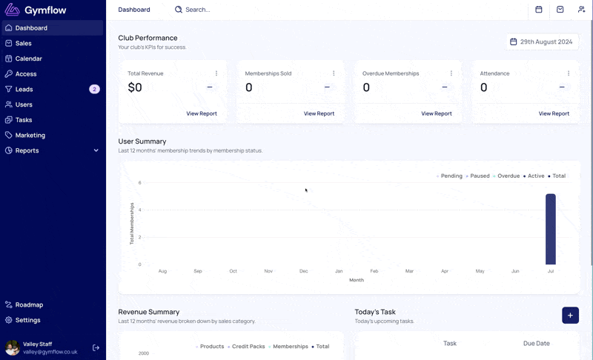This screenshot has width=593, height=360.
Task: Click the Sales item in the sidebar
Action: [x=24, y=44]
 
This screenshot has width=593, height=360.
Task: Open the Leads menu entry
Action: [x=24, y=89]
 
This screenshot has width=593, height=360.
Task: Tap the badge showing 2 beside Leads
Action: [x=94, y=89]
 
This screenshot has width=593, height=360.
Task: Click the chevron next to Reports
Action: [x=96, y=150]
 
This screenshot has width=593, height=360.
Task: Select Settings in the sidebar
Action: [x=27, y=320]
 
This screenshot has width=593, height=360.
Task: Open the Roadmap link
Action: [x=29, y=305]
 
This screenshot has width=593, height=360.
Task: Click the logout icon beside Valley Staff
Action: [x=96, y=347]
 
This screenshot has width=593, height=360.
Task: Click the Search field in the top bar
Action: [x=197, y=10]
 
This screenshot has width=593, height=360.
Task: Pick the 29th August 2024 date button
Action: [x=542, y=42]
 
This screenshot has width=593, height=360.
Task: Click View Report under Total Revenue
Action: [x=202, y=113]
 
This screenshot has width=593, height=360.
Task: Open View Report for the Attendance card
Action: [x=554, y=113]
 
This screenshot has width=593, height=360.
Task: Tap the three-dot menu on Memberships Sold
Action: [x=334, y=73]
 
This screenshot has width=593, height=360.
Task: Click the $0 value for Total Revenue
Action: [x=135, y=87]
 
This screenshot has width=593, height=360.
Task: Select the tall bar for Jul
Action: [x=551, y=229]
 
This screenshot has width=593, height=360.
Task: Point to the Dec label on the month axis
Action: [x=304, y=271]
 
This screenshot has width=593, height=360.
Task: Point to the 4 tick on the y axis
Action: [x=139, y=210]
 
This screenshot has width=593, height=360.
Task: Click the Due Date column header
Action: [x=536, y=344]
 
